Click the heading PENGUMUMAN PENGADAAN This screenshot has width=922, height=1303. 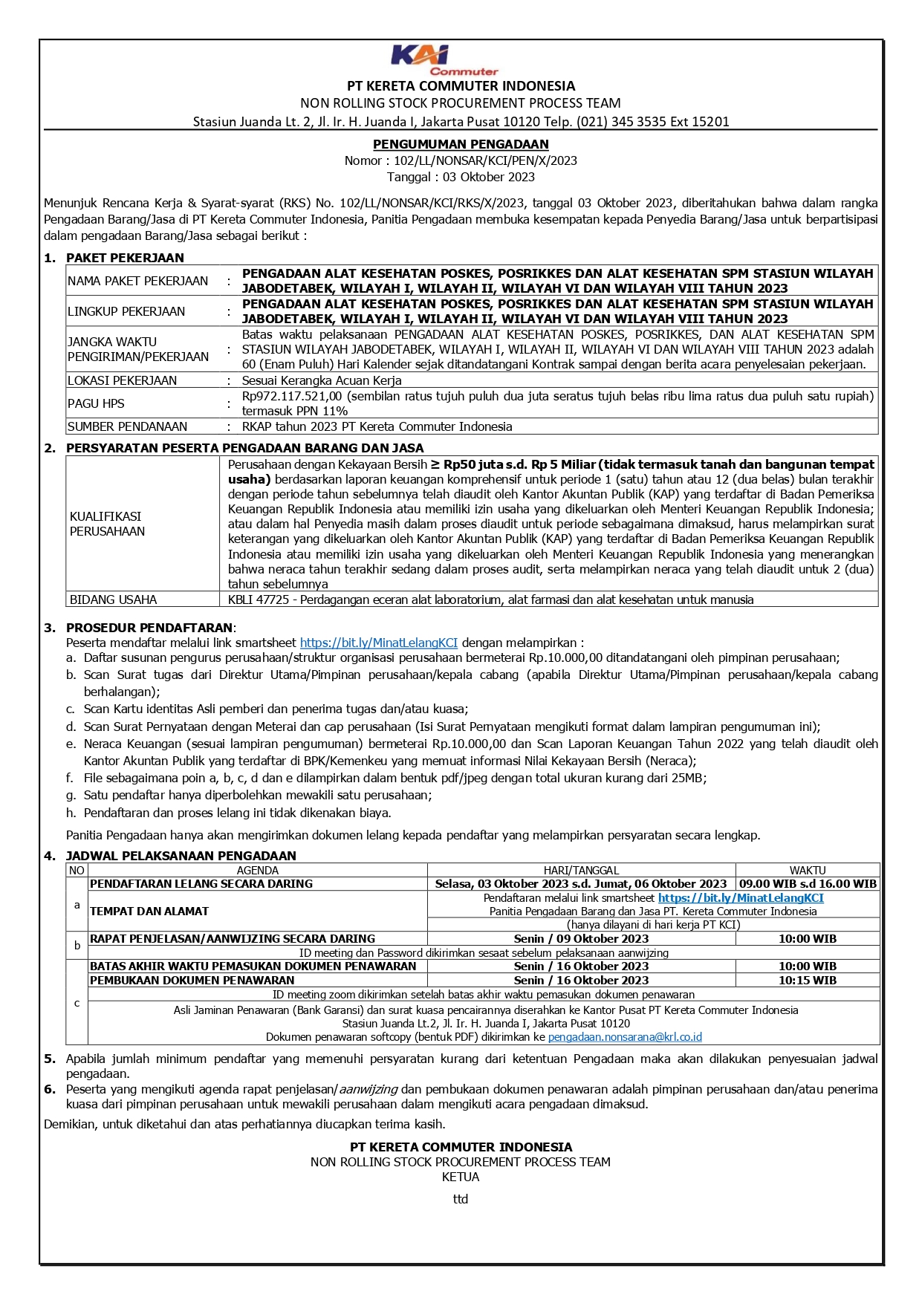pyautogui.click(x=461, y=144)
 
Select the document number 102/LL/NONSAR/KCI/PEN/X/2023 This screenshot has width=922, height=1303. pyautogui.click(x=485, y=160)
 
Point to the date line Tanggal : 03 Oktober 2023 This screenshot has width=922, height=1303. pyautogui.click(x=461, y=177)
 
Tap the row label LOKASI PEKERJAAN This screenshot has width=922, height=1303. pyautogui.click(x=122, y=380)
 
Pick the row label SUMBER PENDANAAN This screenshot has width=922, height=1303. pyautogui.click(x=127, y=426)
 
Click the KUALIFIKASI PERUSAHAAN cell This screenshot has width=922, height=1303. pyautogui.click(x=107, y=524)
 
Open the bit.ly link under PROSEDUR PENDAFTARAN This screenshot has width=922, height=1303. pyautogui.click(x=378, y=643)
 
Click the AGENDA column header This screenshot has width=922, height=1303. pyautogui.click(x=257, y=870)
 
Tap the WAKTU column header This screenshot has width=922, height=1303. pyautogui.click(x=807, y=870)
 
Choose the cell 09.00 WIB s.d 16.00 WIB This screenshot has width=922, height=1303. pyautogui.click(x=808, y=883)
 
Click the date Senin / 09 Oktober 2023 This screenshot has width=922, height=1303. pyautogui.click(x=581, y=939)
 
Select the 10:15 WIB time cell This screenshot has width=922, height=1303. pyautogui.click(x=807, y=981)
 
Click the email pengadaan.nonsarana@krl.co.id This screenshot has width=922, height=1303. pyautogui.click(x=625, y=1037)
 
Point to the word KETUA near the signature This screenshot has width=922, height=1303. pyautogui.click(x=461, y=1177)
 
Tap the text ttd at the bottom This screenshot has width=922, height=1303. pyautogui.click(x=461, y=1199)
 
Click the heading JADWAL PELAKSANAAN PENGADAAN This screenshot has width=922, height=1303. pyautogui.click(x=181, y=856)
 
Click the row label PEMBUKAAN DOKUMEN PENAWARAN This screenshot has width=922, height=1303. pyautogui.click(x=192, y=981)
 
